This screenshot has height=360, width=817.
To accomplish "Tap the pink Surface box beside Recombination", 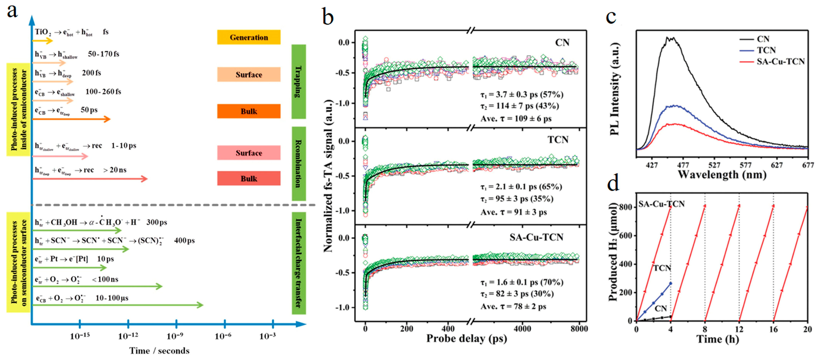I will click(249, 153).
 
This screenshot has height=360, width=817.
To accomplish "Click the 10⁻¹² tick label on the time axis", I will click(128, 336).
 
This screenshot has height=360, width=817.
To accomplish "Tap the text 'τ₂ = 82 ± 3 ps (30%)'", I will click(517, 294).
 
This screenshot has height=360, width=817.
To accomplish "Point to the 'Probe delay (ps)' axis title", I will click(466, 339).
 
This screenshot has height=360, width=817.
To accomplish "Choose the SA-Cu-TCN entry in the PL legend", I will click(780, 61).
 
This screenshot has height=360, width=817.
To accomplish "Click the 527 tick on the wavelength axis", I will click(714, 165).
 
